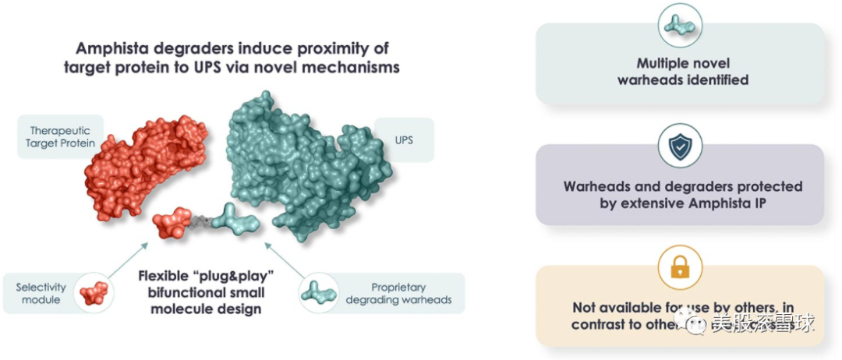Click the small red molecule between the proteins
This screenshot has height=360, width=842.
[x=173, y=224]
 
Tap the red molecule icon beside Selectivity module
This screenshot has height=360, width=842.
[x=94, y=293]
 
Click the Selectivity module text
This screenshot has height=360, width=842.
[x=41, y=294]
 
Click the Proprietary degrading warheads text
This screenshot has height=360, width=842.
[x=398, y=294]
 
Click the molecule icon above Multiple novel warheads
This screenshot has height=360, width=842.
[x=680, y=24]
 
